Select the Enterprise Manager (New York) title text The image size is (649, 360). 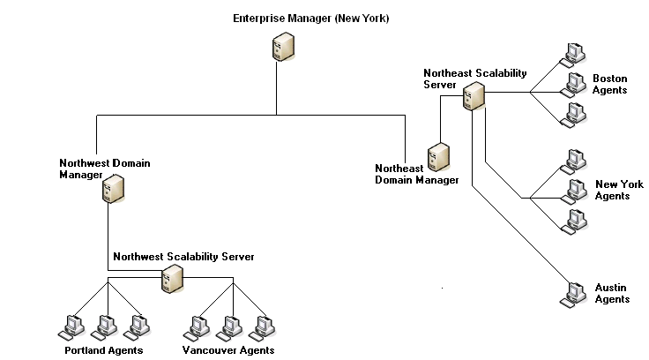[310, 19]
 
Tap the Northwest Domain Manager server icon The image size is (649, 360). [112, 189]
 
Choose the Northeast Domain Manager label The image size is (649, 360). [417, 174]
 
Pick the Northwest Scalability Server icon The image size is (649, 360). [171, 281]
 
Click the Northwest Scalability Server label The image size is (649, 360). [183, 257]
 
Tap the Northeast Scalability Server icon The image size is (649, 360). [474, 96]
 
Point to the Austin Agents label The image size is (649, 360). [611, 294]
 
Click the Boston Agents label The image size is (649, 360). [609, 84]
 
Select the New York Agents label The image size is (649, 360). [619, 190]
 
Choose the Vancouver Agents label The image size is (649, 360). [228, 350]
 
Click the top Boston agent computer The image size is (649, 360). [576, 52]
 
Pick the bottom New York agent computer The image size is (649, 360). [576, 221]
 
